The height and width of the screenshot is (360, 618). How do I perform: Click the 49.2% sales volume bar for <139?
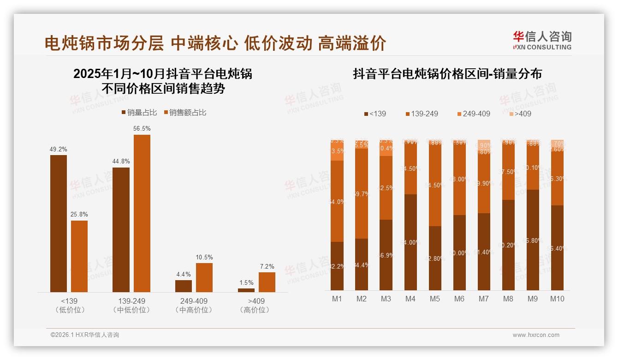59,223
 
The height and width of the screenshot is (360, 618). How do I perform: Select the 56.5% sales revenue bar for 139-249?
142,213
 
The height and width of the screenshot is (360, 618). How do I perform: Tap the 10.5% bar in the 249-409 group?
204,277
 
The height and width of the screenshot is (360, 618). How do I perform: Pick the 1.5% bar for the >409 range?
246,290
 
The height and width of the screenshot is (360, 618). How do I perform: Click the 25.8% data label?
79,215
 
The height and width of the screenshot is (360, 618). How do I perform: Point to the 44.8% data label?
121,162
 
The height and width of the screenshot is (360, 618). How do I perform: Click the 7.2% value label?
267,266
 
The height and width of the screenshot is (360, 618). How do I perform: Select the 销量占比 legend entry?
139,113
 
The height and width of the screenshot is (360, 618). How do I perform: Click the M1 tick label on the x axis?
337,299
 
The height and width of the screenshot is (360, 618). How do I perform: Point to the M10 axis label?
557,299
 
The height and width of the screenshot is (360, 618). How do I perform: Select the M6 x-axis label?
459,299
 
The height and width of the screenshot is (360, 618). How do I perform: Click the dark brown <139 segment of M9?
533,240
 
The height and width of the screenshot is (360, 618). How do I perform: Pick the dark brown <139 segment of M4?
410,242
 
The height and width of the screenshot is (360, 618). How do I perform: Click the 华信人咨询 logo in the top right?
542,40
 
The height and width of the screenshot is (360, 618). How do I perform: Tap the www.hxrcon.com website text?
536,335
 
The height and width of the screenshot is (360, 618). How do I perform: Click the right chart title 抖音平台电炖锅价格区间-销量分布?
447,74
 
